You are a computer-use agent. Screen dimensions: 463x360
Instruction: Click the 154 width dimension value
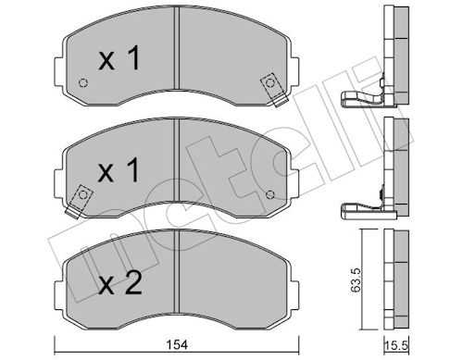(x=177, y=344)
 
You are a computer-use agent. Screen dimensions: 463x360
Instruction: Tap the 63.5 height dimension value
(x=356, y=279)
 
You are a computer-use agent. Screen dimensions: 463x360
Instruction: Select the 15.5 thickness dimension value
(x=396, y=345)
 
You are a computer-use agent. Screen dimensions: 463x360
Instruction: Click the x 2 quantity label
(x=120, y=283)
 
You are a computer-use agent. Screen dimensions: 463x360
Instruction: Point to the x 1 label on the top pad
(x=119, y=57)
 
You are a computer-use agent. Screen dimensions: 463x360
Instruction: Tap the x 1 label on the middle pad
(x=119, y=170)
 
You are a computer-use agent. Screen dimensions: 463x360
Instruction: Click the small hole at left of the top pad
(x=83, y=83)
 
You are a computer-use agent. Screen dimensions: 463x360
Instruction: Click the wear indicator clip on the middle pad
(x=79, y=201)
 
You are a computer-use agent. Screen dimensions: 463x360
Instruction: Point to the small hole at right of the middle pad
(x=270, y=194)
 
